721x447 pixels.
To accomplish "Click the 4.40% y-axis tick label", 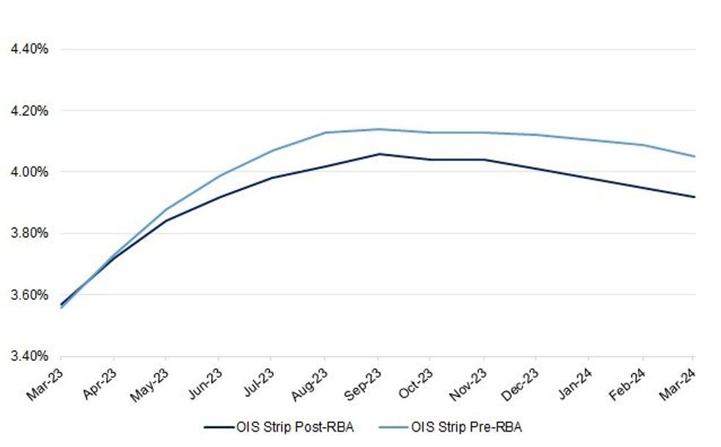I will pyautogui.click(x=29, y=49).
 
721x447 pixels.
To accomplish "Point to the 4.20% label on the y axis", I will pyautogui.click(x=29, y=111).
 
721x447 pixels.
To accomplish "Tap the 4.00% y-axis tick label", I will pyautogui.click(x=29, y=172).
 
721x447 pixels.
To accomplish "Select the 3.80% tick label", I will pyautogui.click(x=29, y=234).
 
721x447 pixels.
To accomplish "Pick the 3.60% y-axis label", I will pyautogui.click(x=29, y=295).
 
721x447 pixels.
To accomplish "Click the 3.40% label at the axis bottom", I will pyautogui.click(x=29, y=356).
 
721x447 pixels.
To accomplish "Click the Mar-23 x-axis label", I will pyautogui.click(x=46, y=383).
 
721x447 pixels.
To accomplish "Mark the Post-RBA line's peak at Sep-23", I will pyautogui.click(x=378, y=154).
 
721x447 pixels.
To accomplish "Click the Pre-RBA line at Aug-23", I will pyautogui.click(x=325, y=133).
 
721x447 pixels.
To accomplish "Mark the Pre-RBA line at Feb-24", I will pyautogui.click(x=643, y=144).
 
